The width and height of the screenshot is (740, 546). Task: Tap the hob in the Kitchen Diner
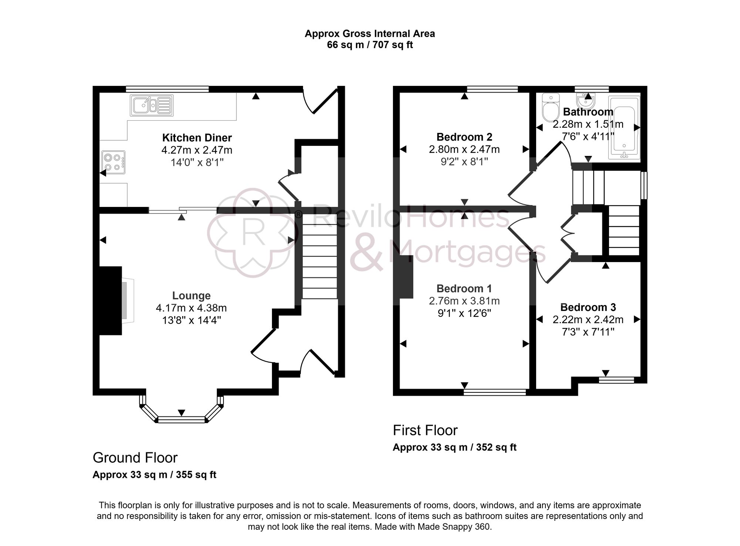pyautogui.click(x=113, y=162)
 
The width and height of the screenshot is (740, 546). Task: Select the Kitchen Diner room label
pyautogui.click(x=197, y=138)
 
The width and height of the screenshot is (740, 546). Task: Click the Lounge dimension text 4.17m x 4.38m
pyautogui.click(x=191, y=308)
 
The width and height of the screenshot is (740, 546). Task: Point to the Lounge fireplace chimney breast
pyautogui.click(x=110, y=301)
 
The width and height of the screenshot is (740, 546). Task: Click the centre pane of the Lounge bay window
pyautogui.click(x=181, y=419)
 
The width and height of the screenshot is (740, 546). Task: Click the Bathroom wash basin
pyautogui.click(x=586, y=100)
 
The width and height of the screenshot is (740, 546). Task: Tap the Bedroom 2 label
pyautogui.click(x=464, y=137)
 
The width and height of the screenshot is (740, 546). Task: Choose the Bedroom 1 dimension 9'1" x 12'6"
pyautogui.click(x=464, y=314)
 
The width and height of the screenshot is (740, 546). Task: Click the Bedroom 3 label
pyautogui.click(x=588, y=307)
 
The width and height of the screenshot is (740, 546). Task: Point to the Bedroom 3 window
pyautogui.click(x=616, y=380)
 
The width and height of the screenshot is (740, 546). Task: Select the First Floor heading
pyautogui.click(x=425, y=431)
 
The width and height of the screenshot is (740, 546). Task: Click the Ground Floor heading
pyautogui.click(x=135, y=458)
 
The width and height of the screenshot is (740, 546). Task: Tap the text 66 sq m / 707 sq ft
pyautogui.click(x=370, y=45)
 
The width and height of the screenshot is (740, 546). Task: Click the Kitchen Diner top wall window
pyautogui.click(x=167, y=89)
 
